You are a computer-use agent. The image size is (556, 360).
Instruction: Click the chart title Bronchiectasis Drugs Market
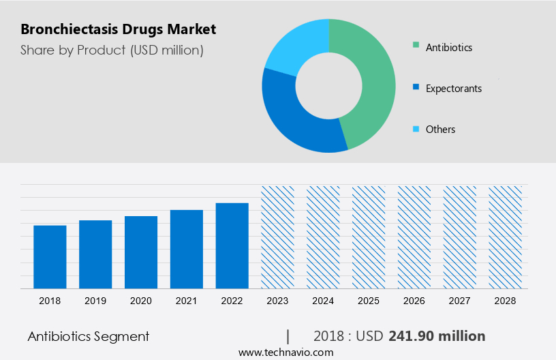coord(118,29)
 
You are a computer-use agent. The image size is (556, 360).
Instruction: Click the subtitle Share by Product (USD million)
coord(112,50)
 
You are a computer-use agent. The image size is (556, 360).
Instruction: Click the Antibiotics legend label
coord(448,48)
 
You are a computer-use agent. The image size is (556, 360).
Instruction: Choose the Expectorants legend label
coord(453,89)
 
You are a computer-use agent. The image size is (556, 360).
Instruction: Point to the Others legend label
coord(440,130)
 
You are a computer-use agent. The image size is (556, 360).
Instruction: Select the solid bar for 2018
coord(50,256)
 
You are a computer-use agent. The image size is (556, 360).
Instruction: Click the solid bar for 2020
coord(141,252)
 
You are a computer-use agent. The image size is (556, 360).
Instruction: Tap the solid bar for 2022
coord(232,245)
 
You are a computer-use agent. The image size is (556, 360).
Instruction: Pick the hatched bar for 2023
coord(278,237)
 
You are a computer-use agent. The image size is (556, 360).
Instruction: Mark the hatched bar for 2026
coord(414,237)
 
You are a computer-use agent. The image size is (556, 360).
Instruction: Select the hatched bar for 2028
coord(506,237)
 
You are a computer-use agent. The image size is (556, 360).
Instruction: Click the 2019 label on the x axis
coord(95,301)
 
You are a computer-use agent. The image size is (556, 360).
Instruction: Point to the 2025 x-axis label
coord(369,301)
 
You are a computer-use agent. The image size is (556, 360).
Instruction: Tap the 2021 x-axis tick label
coord(187,301)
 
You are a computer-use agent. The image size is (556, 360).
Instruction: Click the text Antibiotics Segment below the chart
coord(89,336)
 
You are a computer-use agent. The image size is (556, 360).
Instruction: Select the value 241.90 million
coord(437,336)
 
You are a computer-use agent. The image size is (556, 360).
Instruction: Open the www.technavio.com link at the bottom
coord(285,352)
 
